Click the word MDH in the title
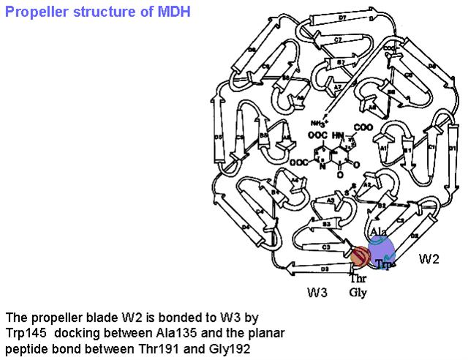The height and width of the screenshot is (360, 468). coord(173,12)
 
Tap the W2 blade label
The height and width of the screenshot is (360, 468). coord(430,258)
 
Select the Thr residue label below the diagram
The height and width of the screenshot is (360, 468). coord(357,279)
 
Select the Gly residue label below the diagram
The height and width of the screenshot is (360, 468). coord(358,293)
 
